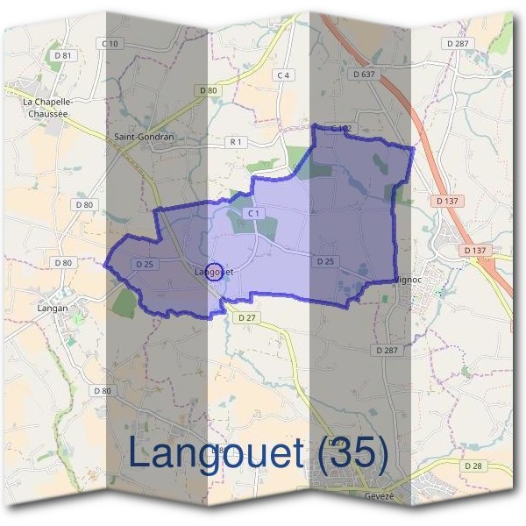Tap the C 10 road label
click(x=110, y=43)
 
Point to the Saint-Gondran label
click(x=145, y=137)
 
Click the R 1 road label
click(x=235, y=141)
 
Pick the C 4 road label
click(x=282, y=75)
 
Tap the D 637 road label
click(x=364, y=75)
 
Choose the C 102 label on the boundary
click(x=341, y=129)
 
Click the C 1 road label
click(x=254, y=214)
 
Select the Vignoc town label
click(x=410, y=280)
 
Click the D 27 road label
click(x=246, y=317)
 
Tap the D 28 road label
click(x=473, y=466)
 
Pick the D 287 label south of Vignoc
click(x=387, y=350)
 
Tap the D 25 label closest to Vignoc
click(x=325, y=261)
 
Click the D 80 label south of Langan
click(x=102, y=391)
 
